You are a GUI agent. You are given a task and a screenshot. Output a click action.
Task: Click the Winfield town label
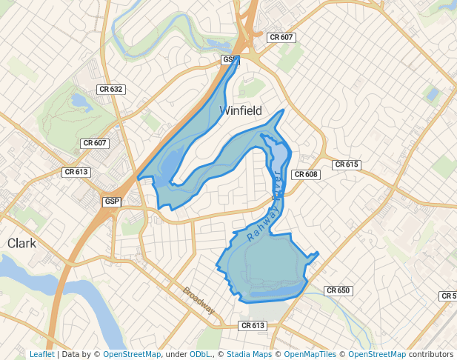pyautogui.click(x=241, y=110)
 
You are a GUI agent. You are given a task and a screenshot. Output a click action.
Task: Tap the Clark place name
pyautogui.click(x=21, y=243)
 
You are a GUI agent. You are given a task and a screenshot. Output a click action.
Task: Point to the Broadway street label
pyautogui.click(x=199, y=299)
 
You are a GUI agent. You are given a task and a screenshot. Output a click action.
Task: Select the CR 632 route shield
pyautogui.click(x=110, y=89)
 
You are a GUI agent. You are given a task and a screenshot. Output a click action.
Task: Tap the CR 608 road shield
pyautogui.click(x=306, y=175)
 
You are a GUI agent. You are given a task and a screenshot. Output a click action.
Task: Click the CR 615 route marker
pyautogui.click(x=346, y=164)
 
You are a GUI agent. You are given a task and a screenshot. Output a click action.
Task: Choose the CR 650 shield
pyautogui.click(x=338, y=291)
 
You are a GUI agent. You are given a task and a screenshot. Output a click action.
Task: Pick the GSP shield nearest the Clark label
pyautogui.click(x=112, y=201)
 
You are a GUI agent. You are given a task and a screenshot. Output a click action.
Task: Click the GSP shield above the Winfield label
pyautogui.click(x=230, y=59)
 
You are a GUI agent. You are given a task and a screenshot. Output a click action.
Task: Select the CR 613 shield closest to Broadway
pyautogui.click(x=253, y=325)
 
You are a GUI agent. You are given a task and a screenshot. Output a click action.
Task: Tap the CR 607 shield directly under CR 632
pyautogui.click(x=95, y=143)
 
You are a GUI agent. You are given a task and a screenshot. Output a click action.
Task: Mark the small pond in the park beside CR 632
pyautogui.click(x=78, y=101)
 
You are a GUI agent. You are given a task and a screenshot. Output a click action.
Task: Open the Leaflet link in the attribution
pyautogui.click(x=41, y=354)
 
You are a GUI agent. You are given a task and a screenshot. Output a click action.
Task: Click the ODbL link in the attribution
pyautogui.click(x=200, y=354)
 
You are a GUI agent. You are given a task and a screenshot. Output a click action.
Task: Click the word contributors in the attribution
pyautogui.click(x=430, y=354)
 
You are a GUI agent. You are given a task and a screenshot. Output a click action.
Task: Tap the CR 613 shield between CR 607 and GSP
pyautogui.click(x=76, y=172)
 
